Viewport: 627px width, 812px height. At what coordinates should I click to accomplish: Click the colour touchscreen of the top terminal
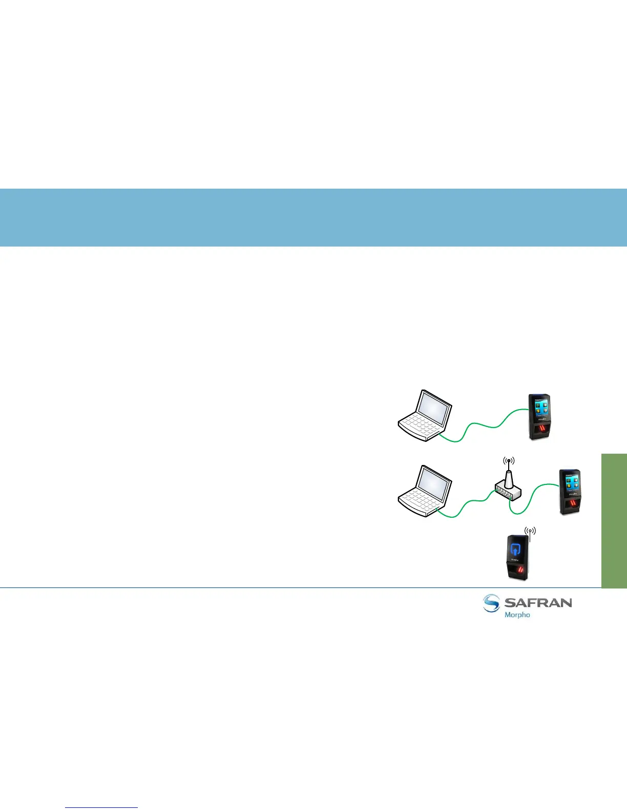pos(538,410)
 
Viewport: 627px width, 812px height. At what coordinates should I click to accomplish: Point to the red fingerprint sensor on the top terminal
pos(540,430)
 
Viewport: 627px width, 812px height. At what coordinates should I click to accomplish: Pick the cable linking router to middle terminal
pos(533,500)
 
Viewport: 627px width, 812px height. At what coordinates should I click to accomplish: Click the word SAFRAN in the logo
pos(538,602)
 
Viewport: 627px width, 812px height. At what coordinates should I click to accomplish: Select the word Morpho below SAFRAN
pos(517,615)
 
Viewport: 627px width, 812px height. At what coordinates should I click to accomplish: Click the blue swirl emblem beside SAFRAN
pos(491,603)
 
